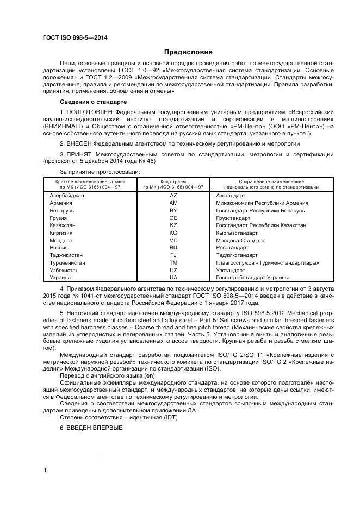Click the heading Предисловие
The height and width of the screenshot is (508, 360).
[x=188, y=52]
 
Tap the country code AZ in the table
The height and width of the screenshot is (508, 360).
[x=173, y=195]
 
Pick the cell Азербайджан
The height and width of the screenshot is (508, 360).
[x=66, y=195]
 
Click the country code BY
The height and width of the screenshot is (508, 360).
[x=173, y=210]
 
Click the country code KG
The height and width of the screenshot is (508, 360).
[x=173, y=233]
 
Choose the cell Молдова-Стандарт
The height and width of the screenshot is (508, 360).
[x=240, y=240]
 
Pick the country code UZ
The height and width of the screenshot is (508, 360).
[x=173, y=270]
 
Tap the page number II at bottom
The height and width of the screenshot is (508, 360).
[x=45, y=470]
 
